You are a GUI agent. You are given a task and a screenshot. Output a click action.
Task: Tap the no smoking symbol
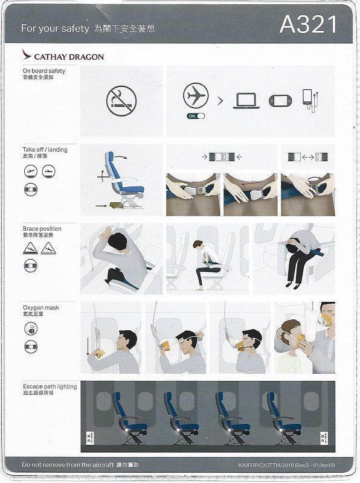(121, 101)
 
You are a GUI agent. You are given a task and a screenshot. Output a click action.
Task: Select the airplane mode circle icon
(195, 96)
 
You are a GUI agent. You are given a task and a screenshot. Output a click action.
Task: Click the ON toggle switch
(195, 115)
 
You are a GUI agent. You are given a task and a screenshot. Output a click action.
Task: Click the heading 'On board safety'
(44, 71)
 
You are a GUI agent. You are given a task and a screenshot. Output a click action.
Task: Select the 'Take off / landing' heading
(45, 150)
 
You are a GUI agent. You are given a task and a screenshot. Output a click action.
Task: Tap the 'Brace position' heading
(42, 229)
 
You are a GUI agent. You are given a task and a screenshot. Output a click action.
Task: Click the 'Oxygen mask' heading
(41, 308)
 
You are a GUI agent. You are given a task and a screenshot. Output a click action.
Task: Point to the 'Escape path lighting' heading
(50, 386)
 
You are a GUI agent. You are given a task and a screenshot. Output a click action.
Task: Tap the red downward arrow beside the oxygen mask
(88, 347)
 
